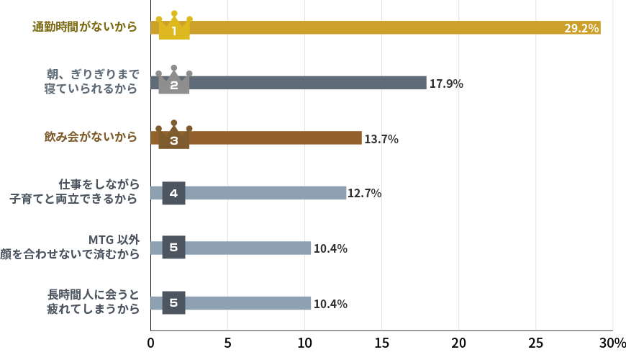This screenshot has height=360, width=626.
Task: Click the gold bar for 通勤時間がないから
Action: pos(374,28)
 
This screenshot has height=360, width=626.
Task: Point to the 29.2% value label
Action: pos(581,29)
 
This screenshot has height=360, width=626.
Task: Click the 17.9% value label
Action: pos(445,84)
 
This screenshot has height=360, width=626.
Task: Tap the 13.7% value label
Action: pos(381,139)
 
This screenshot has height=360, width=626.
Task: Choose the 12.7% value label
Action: pos(364,194)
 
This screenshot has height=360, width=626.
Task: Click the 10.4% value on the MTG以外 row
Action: pos(330,248)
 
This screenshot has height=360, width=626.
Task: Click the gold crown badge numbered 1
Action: pos(174,26)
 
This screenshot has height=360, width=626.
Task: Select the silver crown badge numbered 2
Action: pos(174,81)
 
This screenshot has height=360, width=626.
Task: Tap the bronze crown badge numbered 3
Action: pos(174,135)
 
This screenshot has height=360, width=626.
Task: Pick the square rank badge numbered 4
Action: pos(173,193)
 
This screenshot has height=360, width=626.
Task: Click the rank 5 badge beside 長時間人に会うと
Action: pos(173,303)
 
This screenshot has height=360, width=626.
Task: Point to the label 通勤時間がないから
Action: pos(85,27)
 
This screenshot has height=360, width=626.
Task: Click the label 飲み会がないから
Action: pos(91,137)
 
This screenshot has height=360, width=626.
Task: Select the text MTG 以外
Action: pos(114,240)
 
